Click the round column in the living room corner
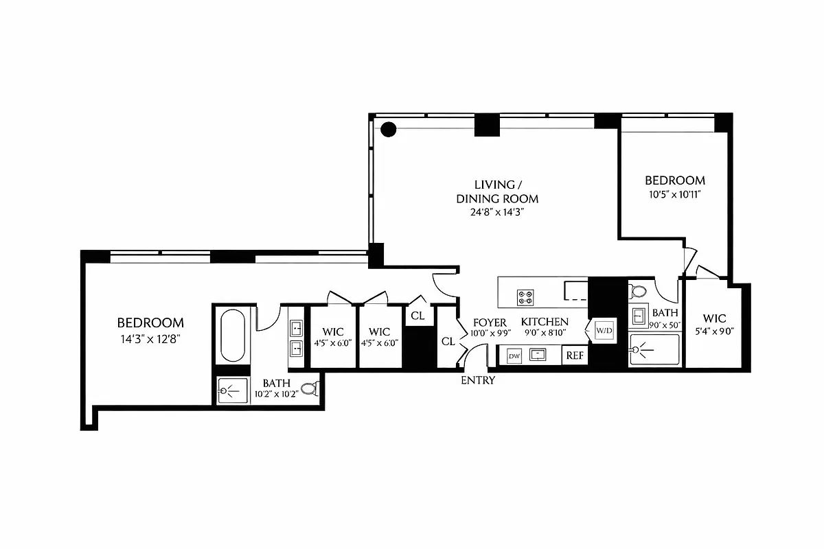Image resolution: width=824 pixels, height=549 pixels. [x=389, y=128]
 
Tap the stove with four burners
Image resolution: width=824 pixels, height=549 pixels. [x=526, y=296]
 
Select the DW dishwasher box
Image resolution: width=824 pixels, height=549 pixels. [x=514, y=355]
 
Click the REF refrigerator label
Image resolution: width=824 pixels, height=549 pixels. [x=574, y=355]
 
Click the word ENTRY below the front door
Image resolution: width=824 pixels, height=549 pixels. [x=478, y=380]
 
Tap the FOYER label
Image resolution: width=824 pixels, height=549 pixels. [x=490, y=323]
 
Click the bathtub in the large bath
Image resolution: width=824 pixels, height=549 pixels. [x=233, y=336]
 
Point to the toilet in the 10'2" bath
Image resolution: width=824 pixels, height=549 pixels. [x=310, y=389]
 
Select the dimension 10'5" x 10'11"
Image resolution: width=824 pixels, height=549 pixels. [x=675, y=194]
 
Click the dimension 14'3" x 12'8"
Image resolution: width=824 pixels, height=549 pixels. [x=150, y=338]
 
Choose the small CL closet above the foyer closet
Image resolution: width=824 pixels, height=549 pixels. [x=417, y=316]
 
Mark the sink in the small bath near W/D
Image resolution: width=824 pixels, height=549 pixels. [x=638, y=316]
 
